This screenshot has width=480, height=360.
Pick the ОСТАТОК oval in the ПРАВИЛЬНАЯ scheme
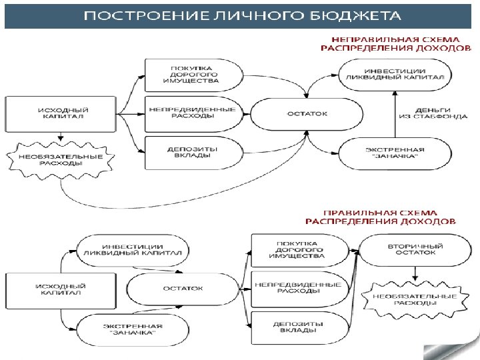click(x=183, y=288)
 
